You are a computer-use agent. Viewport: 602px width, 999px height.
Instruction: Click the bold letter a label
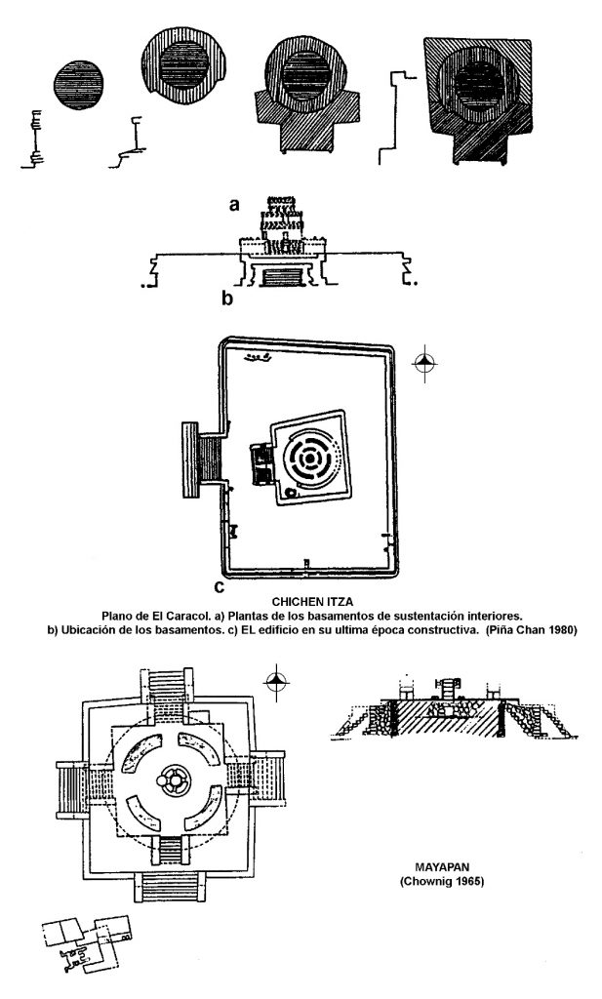234,205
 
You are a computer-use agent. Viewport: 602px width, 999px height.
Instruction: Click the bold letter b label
227,298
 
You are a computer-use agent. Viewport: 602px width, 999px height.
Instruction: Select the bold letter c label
220,586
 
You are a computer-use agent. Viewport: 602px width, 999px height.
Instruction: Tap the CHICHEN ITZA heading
312,601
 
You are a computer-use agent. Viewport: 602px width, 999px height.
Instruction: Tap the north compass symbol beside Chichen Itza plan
424,364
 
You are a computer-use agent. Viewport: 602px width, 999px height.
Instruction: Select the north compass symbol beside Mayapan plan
276,682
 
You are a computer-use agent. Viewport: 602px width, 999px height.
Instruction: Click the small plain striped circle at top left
78,86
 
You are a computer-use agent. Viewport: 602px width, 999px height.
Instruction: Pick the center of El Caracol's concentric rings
309,459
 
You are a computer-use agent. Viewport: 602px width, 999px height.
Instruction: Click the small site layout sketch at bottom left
88,943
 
